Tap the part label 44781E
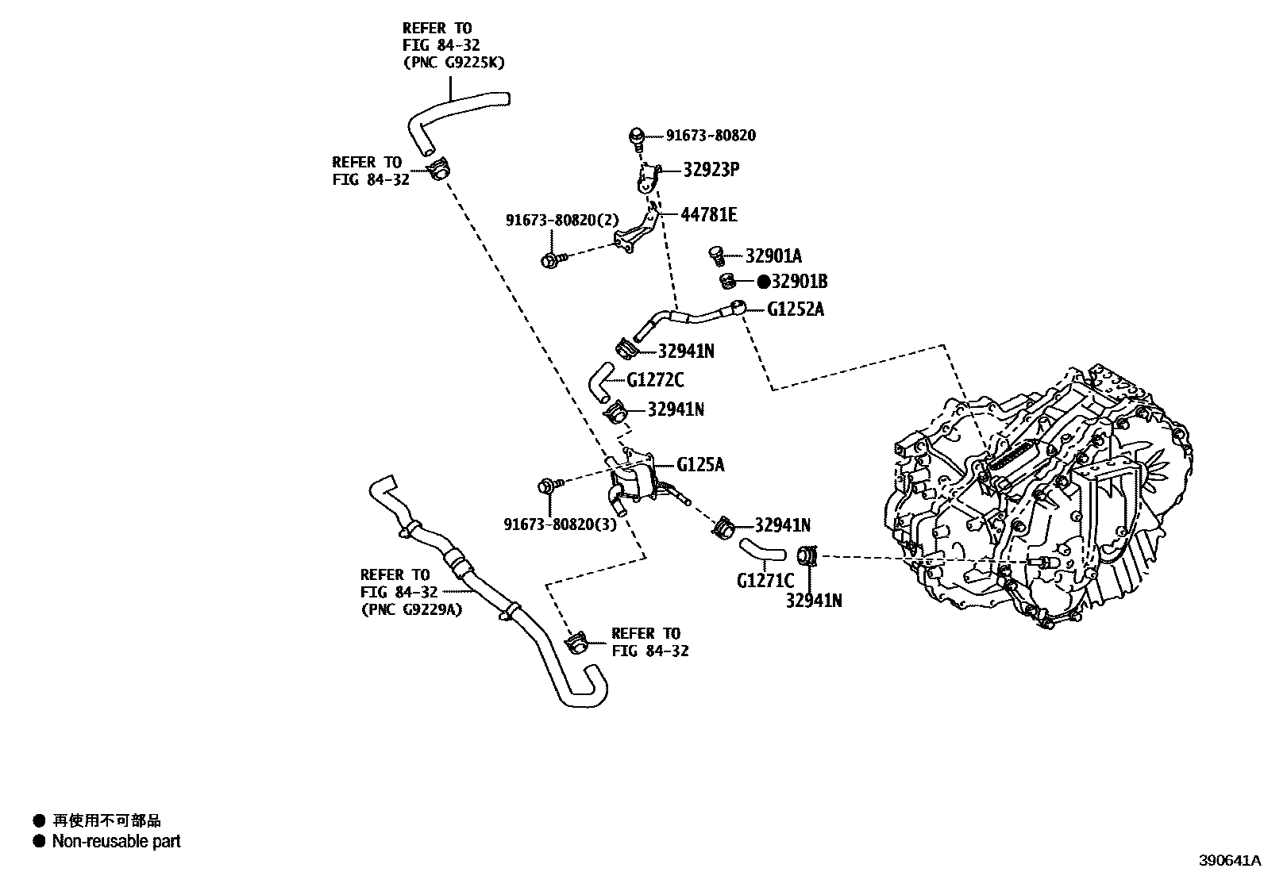pos(708,215)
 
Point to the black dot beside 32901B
pos(763,282)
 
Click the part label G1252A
pos(795,309)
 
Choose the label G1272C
pos(655,380)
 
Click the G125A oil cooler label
pos(700,464)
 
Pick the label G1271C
pos(765,580)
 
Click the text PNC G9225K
pos(454,63)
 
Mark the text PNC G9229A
pos(411,609)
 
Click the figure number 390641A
pos(1229,859)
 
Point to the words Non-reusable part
pos(116,841)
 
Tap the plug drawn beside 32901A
pos(717,255)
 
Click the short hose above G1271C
pos(761,548)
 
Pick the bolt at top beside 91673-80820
pos(637,136)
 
